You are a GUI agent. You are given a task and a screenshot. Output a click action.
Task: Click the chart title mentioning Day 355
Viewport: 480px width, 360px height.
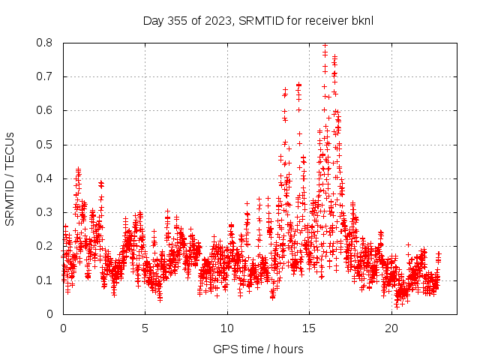point(258,20)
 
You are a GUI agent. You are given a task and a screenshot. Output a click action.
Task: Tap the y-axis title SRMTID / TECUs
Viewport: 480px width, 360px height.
point(10,178)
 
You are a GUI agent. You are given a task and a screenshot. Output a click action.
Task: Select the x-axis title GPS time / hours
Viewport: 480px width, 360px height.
point(258,349)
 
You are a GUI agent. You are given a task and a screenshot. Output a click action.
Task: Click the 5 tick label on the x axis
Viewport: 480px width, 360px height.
point(145,328)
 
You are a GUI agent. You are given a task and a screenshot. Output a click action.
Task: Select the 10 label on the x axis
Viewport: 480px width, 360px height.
point(227,328)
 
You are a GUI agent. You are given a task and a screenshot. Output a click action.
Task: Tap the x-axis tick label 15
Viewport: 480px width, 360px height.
point(310,328)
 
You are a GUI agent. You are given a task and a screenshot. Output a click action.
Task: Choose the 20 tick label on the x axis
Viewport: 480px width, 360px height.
point(391,328)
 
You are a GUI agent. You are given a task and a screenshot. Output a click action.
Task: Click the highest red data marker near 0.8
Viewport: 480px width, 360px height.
point(325,45)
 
